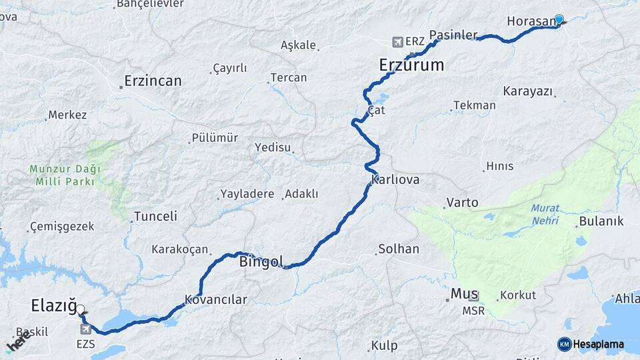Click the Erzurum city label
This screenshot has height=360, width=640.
tap(411, 65)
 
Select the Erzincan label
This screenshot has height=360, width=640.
tap(153, 81)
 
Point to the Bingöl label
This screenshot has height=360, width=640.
tap(261, 261)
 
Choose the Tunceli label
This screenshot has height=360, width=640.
tap(155, 216)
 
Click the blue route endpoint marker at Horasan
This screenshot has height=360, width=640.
tap(559, 20)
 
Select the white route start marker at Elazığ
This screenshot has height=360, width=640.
tap(81, 309)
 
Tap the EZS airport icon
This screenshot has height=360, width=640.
tap(85, 329)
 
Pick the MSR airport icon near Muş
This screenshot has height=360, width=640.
tap(473, 297)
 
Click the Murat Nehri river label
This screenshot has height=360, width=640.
tap(545, 213)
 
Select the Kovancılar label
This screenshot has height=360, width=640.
tap(216, 300)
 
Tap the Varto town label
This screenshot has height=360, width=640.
tap(462, 201)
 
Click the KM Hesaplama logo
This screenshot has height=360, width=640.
tap(591, 344)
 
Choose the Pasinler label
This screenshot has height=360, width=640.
tap(454, 35)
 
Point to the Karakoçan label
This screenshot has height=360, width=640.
tap(180, 249)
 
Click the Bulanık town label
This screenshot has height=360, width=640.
tap(601, 221)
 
